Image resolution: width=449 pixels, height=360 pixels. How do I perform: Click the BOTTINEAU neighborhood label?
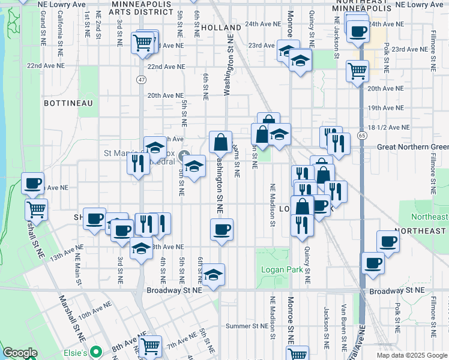68,103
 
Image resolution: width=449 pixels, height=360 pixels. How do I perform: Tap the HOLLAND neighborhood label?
221,28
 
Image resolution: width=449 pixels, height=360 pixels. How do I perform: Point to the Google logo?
20,353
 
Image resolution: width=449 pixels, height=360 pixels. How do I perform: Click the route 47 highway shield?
141,79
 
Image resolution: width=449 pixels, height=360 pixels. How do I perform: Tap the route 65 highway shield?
363,136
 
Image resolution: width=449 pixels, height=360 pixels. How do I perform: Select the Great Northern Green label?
412,147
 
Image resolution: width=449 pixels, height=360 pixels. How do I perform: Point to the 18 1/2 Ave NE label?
390,128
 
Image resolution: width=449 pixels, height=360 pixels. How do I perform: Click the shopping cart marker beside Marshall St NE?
37,209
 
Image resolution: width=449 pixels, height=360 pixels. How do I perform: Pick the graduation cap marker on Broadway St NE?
213,274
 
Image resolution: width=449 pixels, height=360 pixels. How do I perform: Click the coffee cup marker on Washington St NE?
222,229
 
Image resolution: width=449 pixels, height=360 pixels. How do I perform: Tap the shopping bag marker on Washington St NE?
220,142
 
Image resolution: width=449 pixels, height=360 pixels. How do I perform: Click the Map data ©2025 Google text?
412,355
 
